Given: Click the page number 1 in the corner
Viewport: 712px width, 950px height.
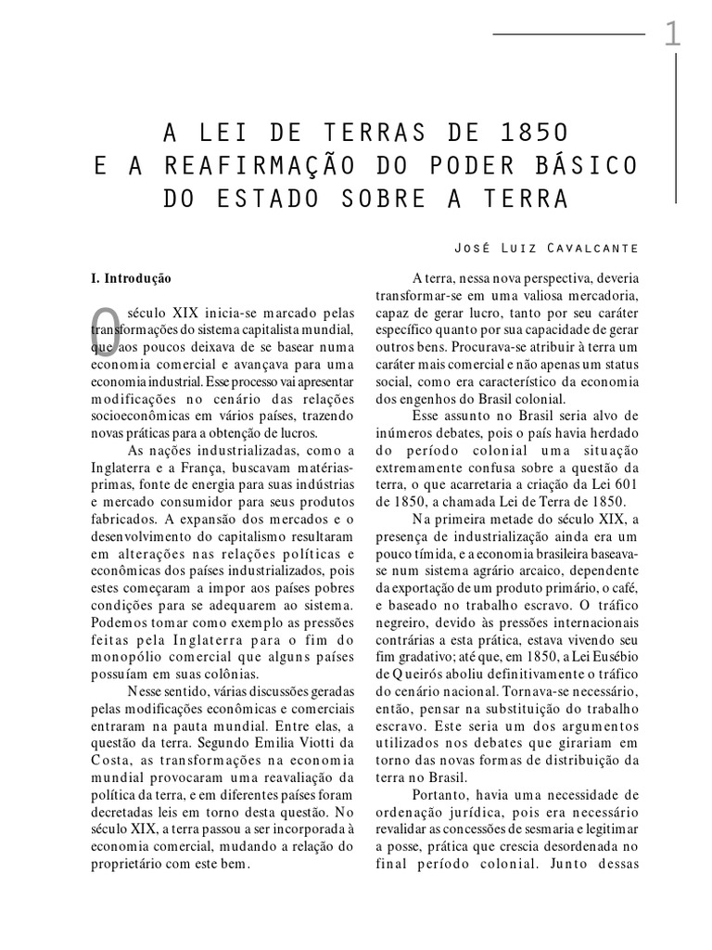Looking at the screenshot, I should (672, 36).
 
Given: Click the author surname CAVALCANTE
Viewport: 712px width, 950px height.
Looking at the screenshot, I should (586, 248).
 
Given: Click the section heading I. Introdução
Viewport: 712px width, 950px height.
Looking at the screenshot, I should (125, 277).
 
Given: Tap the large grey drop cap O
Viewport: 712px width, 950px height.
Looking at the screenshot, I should (107, 331).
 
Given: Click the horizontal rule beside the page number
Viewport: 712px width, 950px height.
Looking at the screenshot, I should (567, 34).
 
